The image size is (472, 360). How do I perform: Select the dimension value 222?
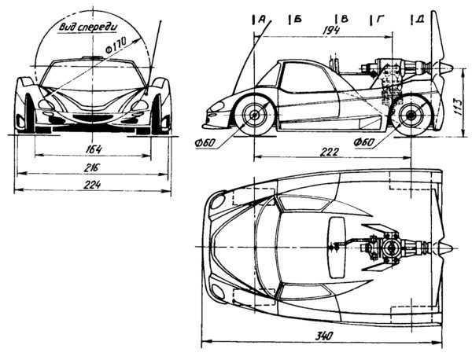click(341, 151)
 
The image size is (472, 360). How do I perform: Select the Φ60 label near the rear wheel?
click(363, 143)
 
